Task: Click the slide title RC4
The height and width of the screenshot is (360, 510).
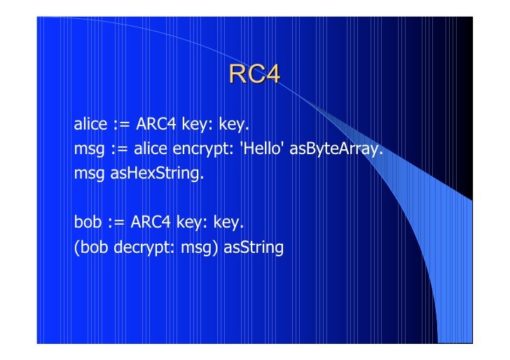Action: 254,74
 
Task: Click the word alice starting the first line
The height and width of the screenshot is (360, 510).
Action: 90,126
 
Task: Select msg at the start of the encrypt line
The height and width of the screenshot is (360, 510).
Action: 90,149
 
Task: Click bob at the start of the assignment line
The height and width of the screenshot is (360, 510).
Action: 87,224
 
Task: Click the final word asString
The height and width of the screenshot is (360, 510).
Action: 253,248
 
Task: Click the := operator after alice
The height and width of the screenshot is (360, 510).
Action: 118,127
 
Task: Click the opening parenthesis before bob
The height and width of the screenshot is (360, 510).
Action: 77,248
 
